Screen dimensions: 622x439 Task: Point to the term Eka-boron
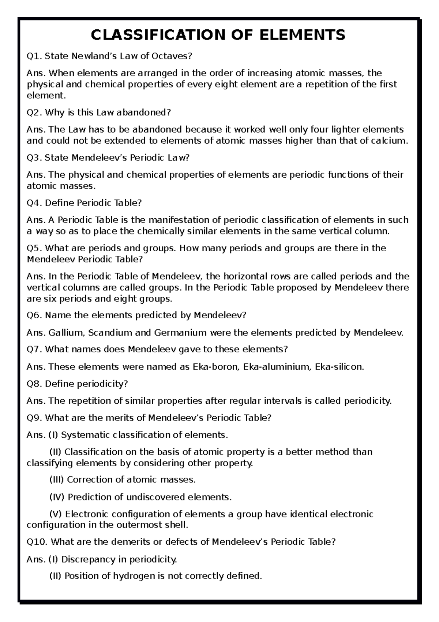(x=215, y=367)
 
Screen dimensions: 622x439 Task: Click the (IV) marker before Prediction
(x=56, y=497)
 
